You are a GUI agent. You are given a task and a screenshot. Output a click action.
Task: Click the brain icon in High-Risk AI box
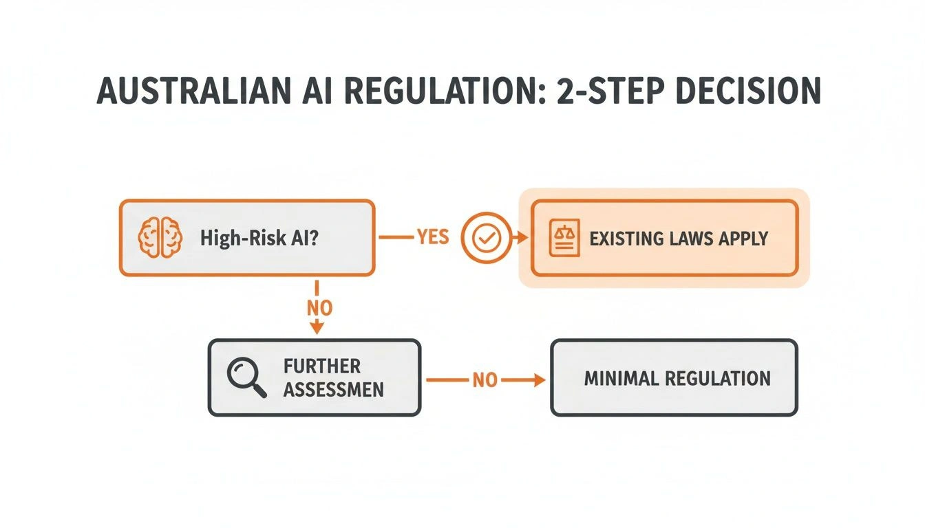160,238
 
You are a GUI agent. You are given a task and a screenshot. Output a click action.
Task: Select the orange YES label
433,238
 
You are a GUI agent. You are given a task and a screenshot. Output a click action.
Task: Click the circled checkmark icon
487,238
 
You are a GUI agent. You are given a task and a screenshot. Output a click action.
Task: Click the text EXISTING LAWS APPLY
679,239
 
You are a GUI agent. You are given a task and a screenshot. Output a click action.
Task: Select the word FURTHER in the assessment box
321,366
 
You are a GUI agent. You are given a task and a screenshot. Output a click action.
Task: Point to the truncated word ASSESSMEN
334,390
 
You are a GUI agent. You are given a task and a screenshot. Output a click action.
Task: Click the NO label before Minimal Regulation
485,379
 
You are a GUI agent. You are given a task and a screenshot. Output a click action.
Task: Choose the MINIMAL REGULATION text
677,378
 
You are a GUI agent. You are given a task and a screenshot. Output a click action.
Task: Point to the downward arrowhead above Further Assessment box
317,329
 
